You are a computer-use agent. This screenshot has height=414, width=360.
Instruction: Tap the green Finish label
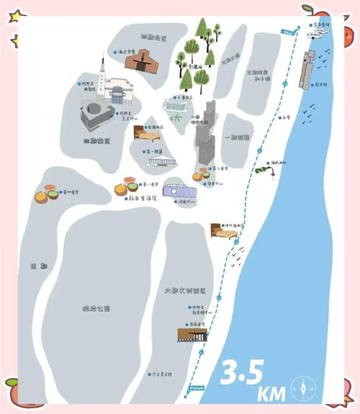pyautogui.click(x=196, y=388)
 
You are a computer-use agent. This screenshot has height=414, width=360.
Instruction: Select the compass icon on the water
pyautogui.click(x=303, y=390)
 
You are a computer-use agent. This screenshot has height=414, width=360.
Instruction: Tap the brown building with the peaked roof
pyautogui.click(x=140, y=62)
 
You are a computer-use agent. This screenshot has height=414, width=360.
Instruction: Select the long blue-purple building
pyautogui.click(x=179, y=191)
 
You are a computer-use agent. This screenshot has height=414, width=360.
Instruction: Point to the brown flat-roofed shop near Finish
pyautogui.click(x=192, y=334)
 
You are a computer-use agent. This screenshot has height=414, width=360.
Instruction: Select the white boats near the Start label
pyautogui.click(x=318, y=33)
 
